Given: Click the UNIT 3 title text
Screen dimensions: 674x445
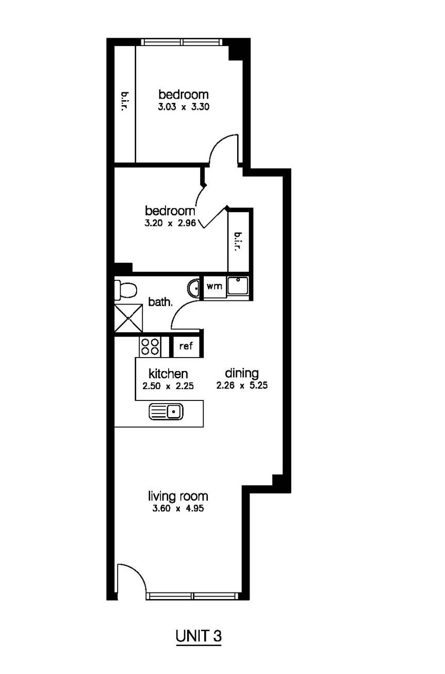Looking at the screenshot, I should (199, 636).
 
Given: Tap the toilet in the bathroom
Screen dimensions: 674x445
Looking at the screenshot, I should (125, 291).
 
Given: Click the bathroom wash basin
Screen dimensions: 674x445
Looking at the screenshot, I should (194, 288).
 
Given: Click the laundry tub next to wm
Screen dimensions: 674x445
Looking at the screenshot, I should (238, 286).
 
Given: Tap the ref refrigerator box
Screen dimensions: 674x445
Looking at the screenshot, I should (186, 346).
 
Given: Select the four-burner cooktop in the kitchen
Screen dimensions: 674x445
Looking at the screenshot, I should (150, 346).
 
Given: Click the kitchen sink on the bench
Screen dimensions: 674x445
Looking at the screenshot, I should (167, 411).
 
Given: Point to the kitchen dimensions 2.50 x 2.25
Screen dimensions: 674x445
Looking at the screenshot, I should (168, 385).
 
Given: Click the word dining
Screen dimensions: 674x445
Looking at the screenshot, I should (242, 373).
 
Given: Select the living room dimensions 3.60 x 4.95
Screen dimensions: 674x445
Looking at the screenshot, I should (178, 508).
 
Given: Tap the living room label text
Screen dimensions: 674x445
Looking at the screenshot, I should (178, 496).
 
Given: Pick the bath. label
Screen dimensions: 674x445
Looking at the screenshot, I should (160, 302).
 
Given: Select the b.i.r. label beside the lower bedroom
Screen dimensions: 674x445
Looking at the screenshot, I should (238, 242).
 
